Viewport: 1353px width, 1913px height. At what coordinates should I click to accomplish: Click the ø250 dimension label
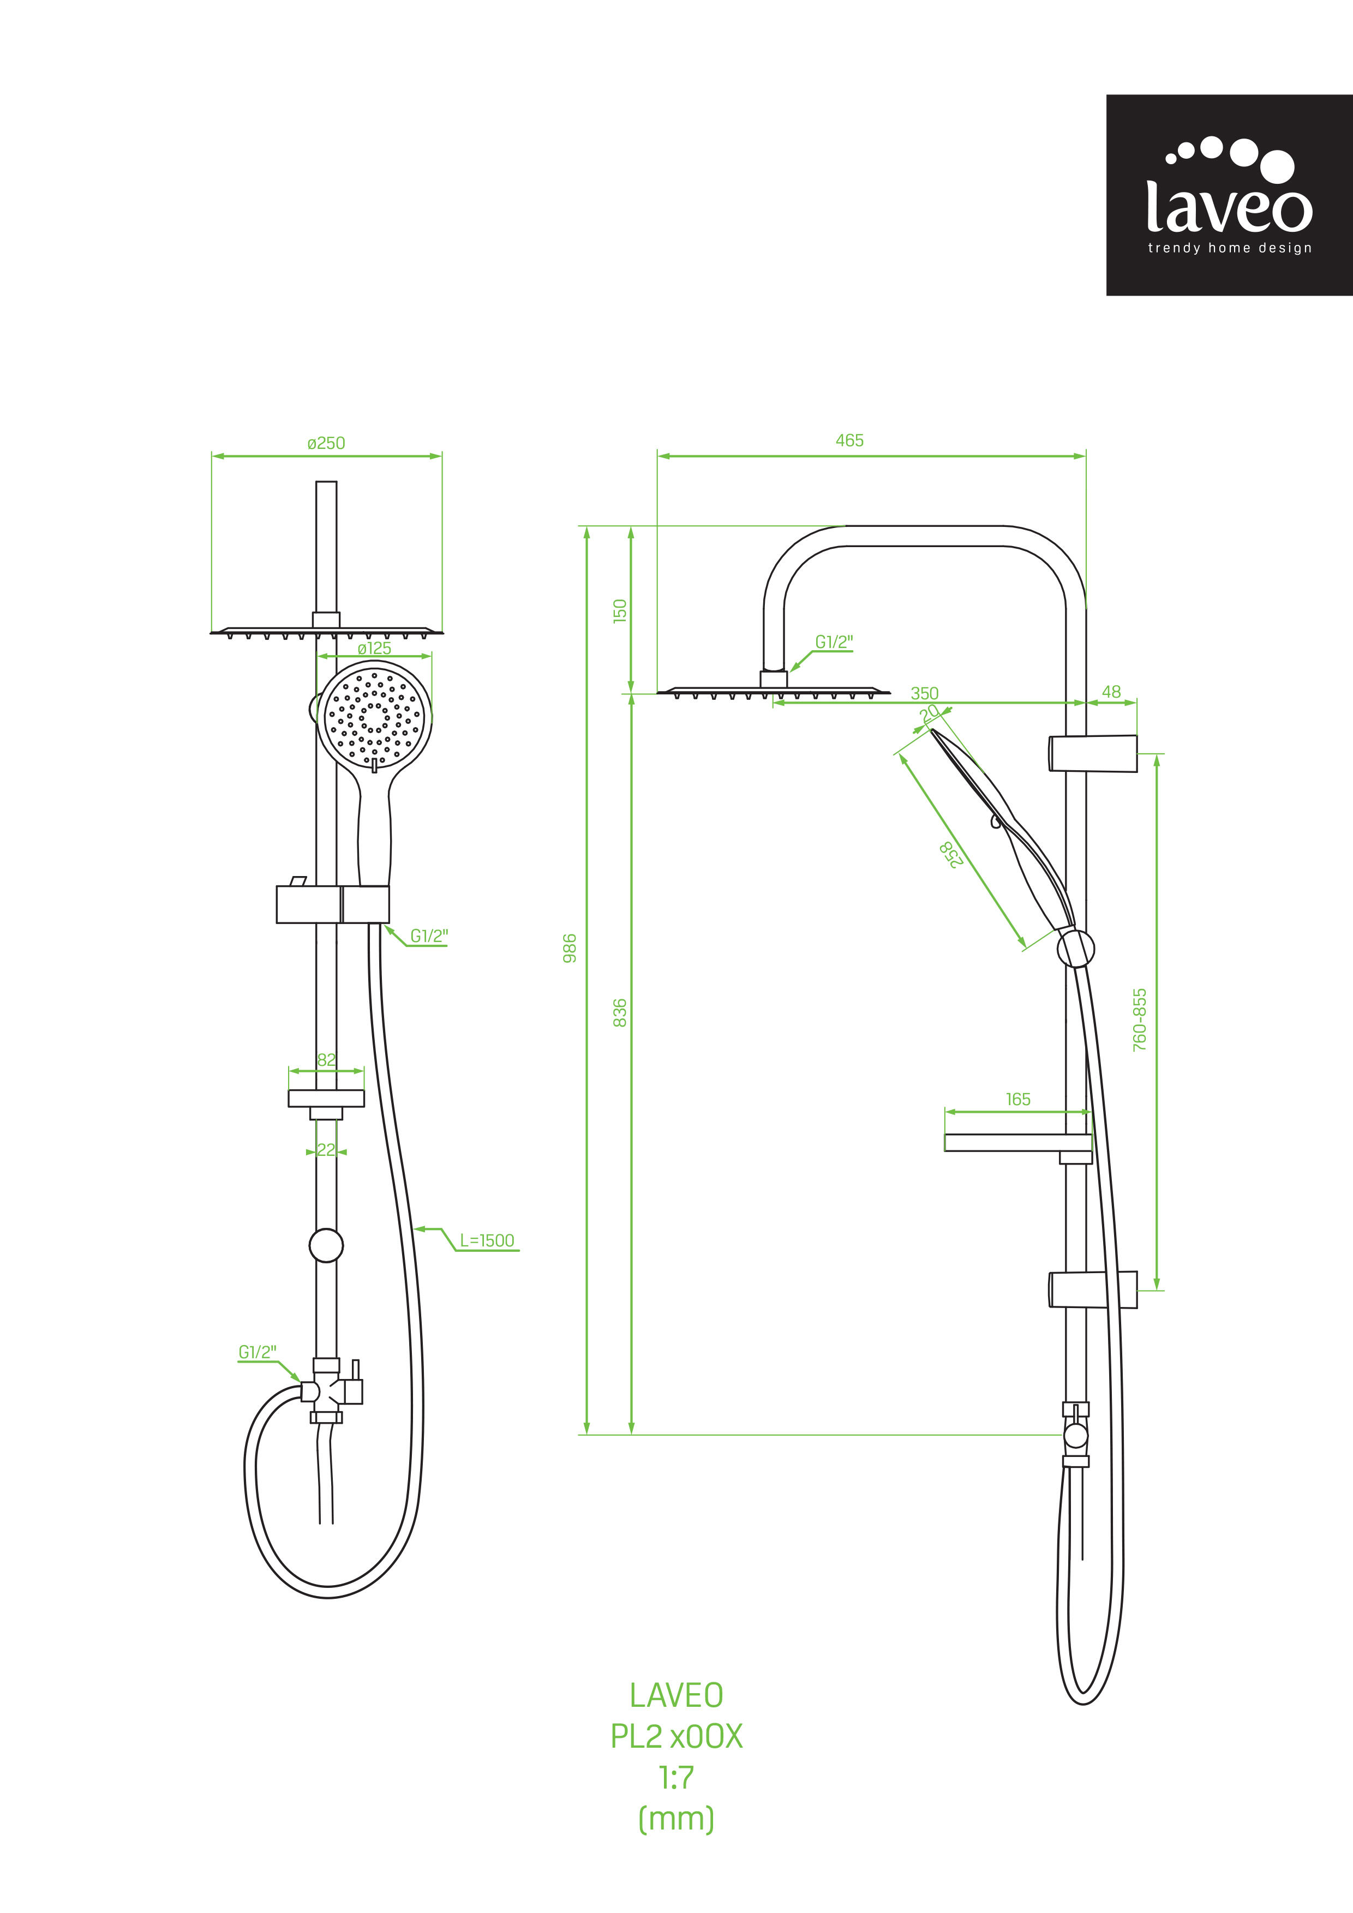[x=326, y=443]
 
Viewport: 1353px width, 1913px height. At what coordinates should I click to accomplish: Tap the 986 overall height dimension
[x=570, y=948]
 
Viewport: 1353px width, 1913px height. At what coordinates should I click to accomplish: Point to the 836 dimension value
[x=620, y=1012]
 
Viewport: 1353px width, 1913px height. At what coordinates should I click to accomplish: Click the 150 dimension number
[x=620, y=611]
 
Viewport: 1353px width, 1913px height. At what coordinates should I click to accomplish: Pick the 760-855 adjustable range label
[x=1140, y=1020]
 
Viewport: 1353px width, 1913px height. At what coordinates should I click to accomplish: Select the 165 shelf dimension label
[x=1018, y=1100]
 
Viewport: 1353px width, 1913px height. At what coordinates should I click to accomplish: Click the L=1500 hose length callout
[x=487, y=1240]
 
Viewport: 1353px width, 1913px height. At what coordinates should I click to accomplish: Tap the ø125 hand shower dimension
[x=374, y=648]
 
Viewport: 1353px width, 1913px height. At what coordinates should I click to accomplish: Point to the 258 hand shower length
[x=951, y=855]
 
